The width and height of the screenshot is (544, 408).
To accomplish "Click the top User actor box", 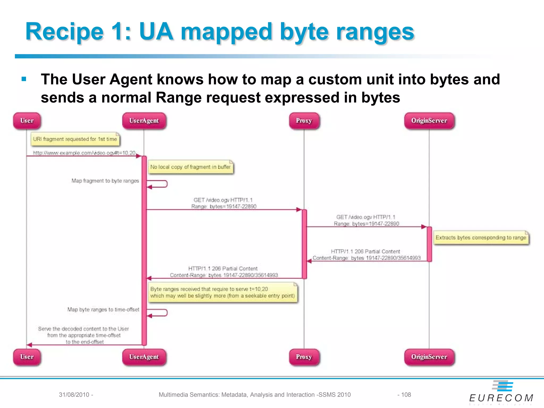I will coord(27,121).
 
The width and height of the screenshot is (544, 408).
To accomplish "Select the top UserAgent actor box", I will coord(144,121).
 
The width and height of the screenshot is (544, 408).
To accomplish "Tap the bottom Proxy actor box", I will coord(304,357).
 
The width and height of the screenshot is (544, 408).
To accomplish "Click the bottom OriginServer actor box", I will coord(429,357).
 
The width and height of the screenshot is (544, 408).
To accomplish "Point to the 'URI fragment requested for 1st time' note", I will coord(75,139).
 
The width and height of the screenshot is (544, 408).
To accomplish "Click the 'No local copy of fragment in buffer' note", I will coord(190,167).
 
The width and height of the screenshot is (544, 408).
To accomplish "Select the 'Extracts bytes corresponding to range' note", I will coord(481,237).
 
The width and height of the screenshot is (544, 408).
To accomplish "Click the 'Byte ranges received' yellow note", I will coord(223,292).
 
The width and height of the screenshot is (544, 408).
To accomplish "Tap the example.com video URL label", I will coord(84,153).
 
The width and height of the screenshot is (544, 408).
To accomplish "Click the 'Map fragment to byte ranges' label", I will coord(105,181).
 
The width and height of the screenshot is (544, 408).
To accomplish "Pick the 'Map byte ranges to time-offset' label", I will coord(103,310).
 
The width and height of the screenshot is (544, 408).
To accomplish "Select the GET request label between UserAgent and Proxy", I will coord(223,203).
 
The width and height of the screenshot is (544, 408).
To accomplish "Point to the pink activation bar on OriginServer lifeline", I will coord(429,244).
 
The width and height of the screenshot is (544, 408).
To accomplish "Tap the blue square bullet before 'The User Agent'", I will coord(24,79).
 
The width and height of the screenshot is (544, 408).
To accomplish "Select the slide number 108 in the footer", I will coord(406,395).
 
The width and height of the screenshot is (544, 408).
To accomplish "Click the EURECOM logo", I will coord(501,393).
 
